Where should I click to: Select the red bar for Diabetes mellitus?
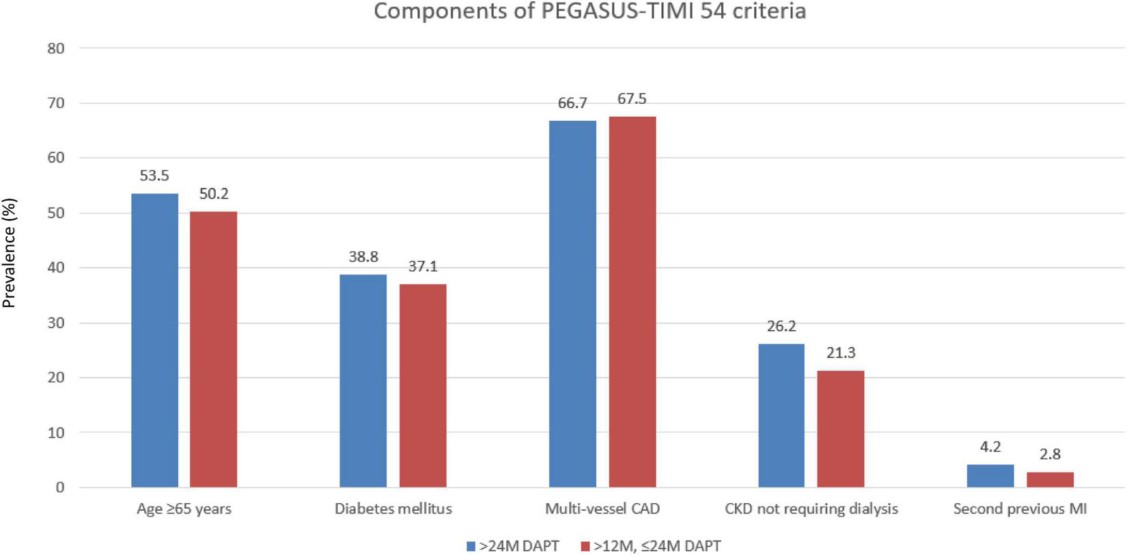pyautogui.click(x=423, y=385)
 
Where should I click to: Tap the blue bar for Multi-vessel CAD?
pyautogui.click(x=572, y=304)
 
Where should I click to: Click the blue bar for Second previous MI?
pyautogui.click(x=990, y=476)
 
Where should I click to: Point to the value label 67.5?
pyautogui.click(x=632, y=99)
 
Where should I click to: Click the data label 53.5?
pyautogui.click(x=154, y=176)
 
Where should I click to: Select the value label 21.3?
pyautogui.click(x=841, y=353)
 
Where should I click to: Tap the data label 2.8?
pyautogui.click(x=1050, y=454)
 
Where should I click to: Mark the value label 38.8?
pyautogui.click(x=363, y=257)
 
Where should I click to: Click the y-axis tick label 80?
pyautogui.click(x=56, y=48)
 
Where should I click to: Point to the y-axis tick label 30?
pyautogui.click(x=56, y=323)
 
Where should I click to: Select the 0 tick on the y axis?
pyautogui.click(x=60, y=487)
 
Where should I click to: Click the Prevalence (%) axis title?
pyautogui.click(x=9, y=253)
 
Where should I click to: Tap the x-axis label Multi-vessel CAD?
pyautogui.click(x=602, y=509)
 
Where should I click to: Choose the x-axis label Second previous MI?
pyautogui.click(x=1020, y=509)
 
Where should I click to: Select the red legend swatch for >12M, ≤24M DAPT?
pyautogui.click(x=585, y=546)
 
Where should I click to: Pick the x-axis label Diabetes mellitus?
pyautogui.click(x=393, y=509)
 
